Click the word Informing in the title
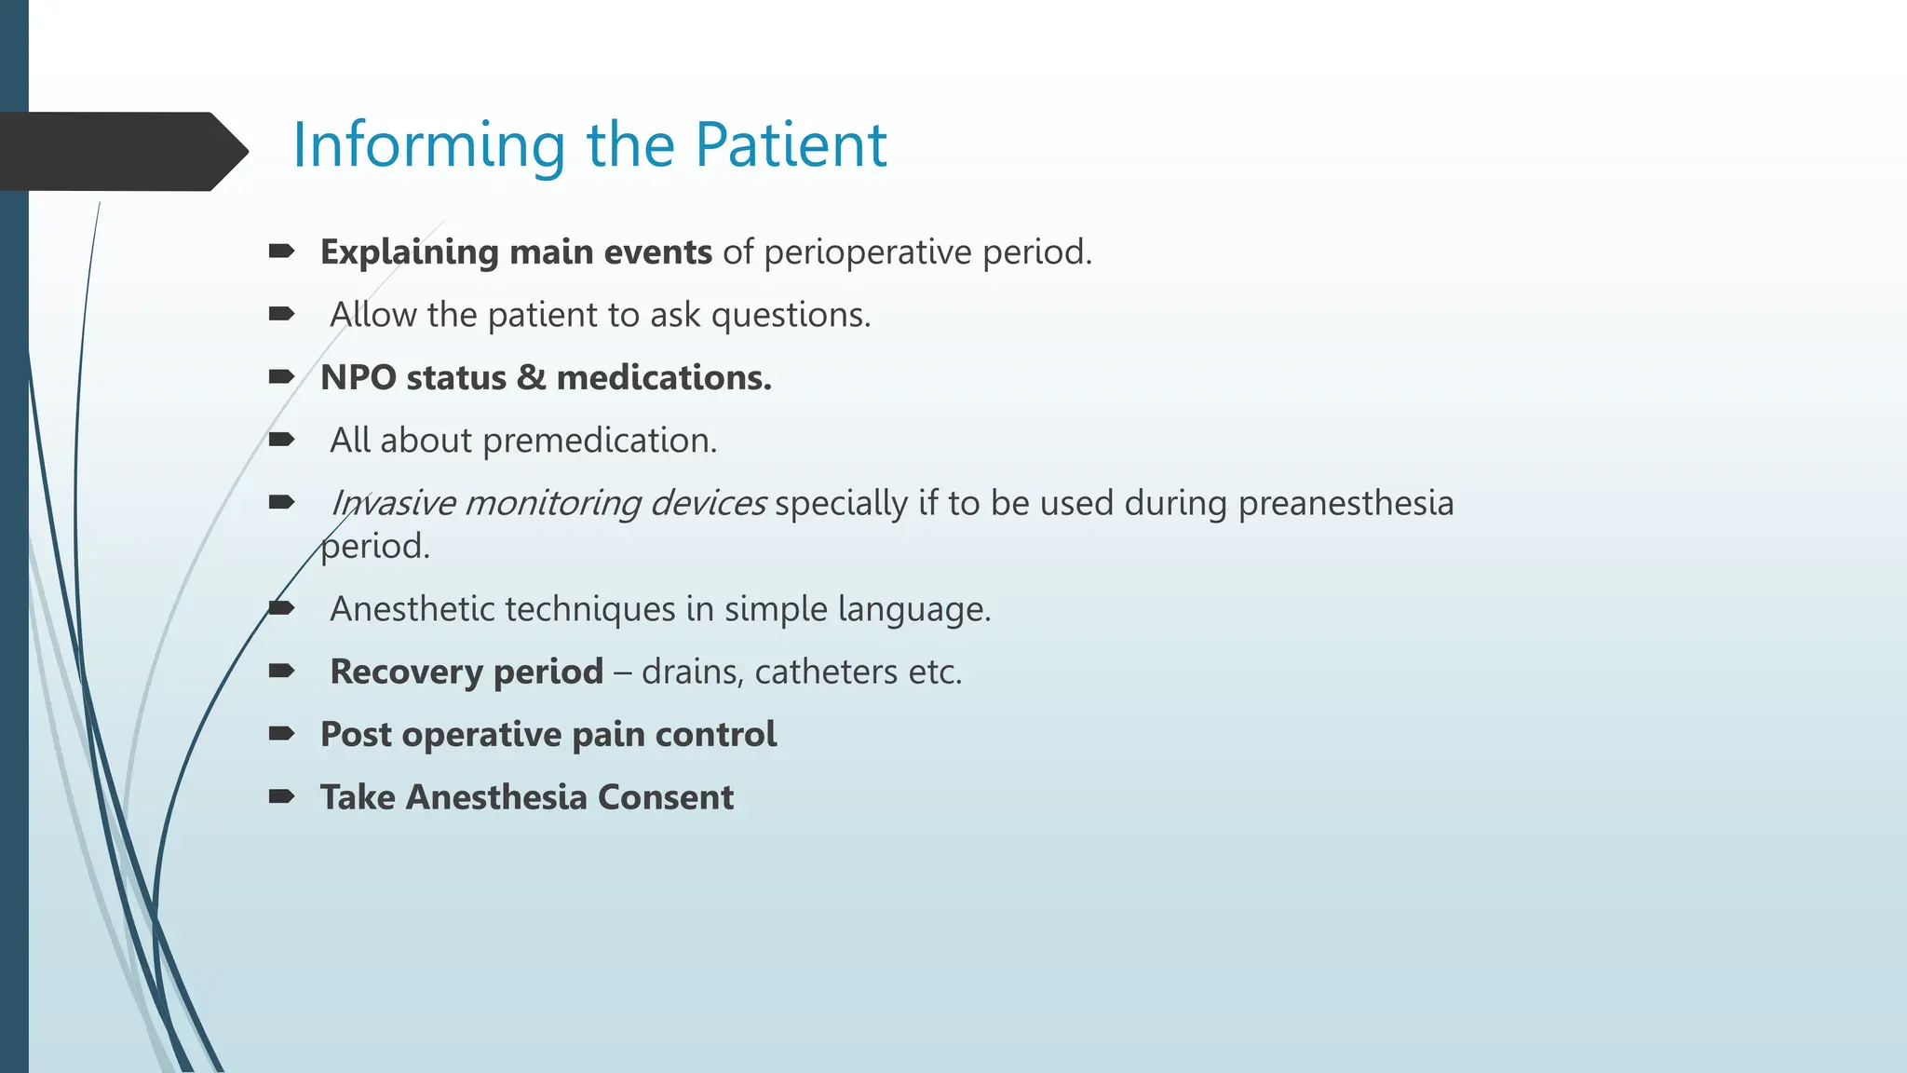coord(428,145)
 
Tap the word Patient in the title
coord(791,145)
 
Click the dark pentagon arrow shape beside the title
coord(121,152)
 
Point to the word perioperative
coord(867,252)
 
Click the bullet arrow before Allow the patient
coord(281,314)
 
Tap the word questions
coord(791,315)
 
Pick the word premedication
coord(600,441)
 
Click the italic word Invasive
coord(391,503)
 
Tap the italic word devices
coord(708,503)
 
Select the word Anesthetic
coord(410,609)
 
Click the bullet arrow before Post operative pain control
coord(281,734)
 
